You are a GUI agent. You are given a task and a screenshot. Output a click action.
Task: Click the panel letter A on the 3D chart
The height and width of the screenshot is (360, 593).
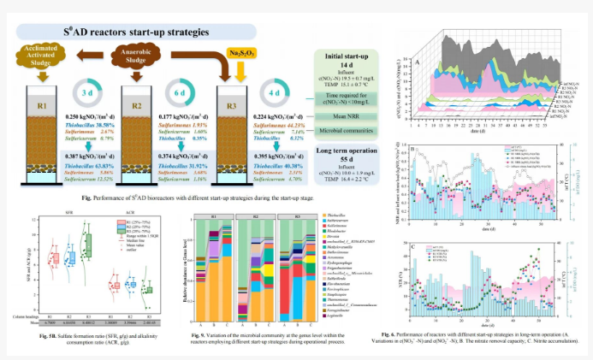click(x=417, y=62)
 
